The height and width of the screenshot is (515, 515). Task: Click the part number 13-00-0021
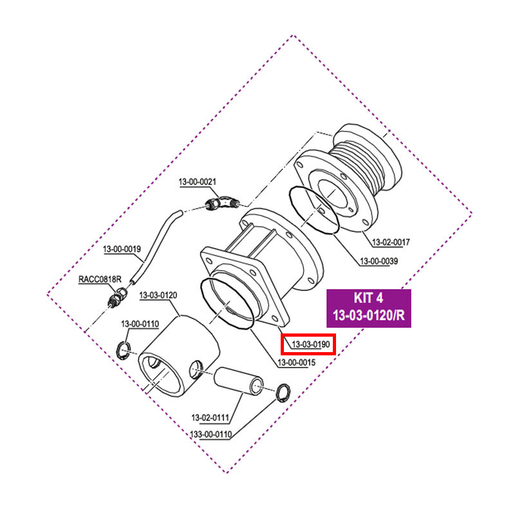197,183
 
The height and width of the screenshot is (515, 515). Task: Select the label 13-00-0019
122,248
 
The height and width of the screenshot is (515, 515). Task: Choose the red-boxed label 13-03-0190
307,344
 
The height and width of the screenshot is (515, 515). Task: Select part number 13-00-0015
296,362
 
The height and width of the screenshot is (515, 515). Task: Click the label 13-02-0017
391,242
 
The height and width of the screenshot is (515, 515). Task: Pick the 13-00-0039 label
379,261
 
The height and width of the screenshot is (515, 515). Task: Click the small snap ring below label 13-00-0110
125,350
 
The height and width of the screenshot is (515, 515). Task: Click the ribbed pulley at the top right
364,161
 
